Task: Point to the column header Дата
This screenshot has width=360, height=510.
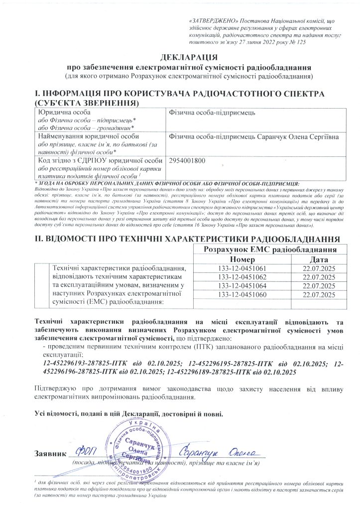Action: click(318, 259)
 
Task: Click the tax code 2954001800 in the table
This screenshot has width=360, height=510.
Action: click(187, 160)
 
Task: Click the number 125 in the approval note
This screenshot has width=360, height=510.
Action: click(300, 43)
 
